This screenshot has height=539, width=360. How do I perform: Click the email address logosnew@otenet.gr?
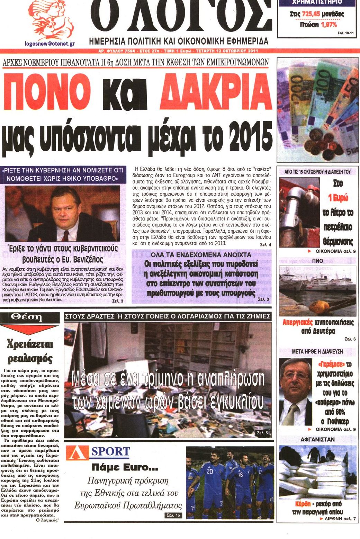pyautogui.click(x=50, y=44)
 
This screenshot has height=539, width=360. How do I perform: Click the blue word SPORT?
pyautogui.click(x=110, y=451)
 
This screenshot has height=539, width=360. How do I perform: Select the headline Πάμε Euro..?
pyautogui.click(x=125, y=468)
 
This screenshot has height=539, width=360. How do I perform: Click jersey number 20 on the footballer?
pyautogui.click(x=210, y=471)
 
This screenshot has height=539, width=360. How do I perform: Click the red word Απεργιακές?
pyautogui.click(x=297, y=322)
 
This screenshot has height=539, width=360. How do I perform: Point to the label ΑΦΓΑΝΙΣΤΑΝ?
pyautogui.click(x=317, y=439)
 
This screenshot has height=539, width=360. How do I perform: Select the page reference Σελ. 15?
pyautogui.click(x=174, y=515)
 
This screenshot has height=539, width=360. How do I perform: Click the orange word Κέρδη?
pyautogui.click(x=303, y=504)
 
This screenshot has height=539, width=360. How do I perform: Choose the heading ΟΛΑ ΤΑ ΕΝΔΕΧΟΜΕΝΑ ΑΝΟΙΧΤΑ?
pyautogui.click(x=201, y=255)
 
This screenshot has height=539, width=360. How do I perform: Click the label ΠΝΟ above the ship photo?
pyautogui.click(x=317, y=261)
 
